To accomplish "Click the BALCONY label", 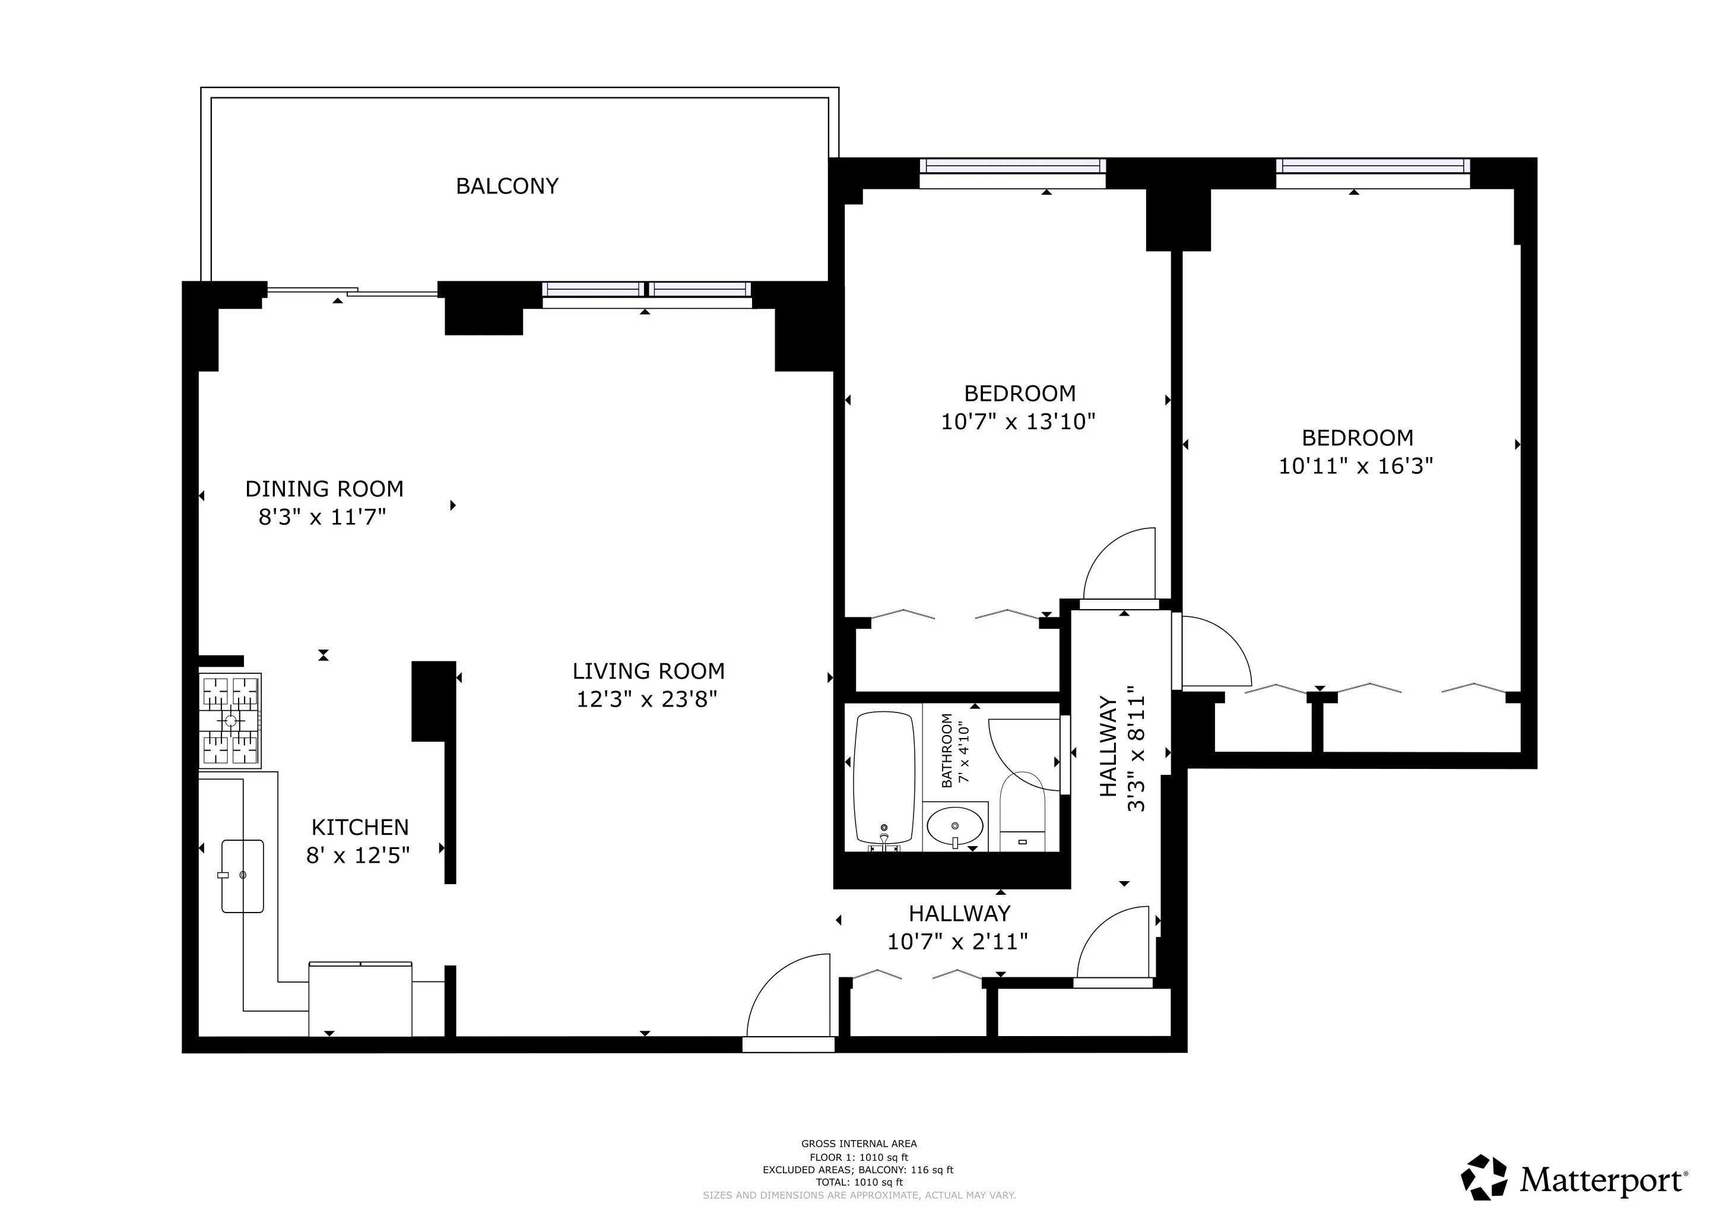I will pos(507,186).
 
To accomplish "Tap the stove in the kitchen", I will pos(230,720).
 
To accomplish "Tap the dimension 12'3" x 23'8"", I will pos(647,699).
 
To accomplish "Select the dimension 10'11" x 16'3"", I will pos(1355,465).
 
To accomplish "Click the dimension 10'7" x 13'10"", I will pos(1017,422).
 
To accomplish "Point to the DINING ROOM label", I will pos(324,489).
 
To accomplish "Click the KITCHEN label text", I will pos(360,827).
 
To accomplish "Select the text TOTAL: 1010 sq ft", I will pos(859,1182).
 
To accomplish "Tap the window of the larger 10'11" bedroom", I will pos(1372,166).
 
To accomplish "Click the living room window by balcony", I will pos(646,290).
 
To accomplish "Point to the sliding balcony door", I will pos(352,292).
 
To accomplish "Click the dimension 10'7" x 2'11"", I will pos(957,942).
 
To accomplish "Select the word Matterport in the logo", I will pos(1602,1181).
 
